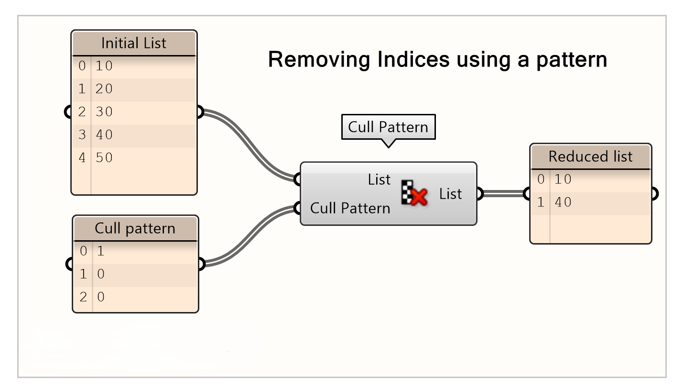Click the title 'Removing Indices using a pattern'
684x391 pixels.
click(437, 60)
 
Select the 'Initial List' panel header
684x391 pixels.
click(134, 44)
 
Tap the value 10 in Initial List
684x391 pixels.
click(104, 66)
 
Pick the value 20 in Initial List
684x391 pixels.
click(104, 89)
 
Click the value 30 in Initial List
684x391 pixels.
click(104, 112)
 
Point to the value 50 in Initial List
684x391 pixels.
click(104, 158)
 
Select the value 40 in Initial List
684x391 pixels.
click(104, 135)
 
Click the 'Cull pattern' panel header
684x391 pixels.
click(135, 228)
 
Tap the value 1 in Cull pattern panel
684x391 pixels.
click(100, 251)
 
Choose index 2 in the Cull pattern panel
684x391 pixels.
click(83, 297)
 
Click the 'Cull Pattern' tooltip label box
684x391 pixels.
click(388, 127)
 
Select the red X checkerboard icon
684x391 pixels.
click(414, 194)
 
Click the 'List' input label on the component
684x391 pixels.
click(379, 180)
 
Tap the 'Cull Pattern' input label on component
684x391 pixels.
click(350, 208)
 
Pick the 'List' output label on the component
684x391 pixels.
click(450, 194)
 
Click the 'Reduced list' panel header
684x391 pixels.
click(590, 156)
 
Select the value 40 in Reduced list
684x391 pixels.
click(563, 202)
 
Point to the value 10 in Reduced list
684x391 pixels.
click(563, 179)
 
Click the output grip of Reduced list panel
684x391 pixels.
click(654, 194)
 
